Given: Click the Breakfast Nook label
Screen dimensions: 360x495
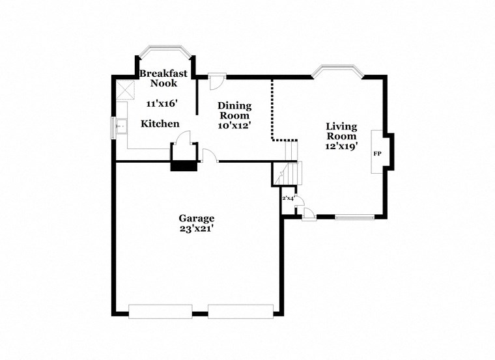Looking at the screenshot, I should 163,78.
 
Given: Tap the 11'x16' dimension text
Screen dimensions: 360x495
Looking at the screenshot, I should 162,104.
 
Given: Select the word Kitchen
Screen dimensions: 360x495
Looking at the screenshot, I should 160,124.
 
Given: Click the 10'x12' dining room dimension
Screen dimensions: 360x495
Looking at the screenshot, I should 234,124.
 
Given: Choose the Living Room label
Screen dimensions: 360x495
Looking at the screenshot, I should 341,132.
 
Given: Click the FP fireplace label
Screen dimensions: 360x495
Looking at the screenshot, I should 376,154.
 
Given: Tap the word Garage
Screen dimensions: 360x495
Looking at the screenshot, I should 197,218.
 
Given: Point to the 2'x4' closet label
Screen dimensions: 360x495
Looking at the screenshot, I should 289,198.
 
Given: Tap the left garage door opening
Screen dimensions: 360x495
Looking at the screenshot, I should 161,311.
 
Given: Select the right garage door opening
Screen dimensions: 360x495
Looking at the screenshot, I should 240,311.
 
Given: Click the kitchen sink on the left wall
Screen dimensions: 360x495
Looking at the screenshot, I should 121,125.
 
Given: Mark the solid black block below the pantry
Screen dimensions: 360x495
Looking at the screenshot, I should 183,166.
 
